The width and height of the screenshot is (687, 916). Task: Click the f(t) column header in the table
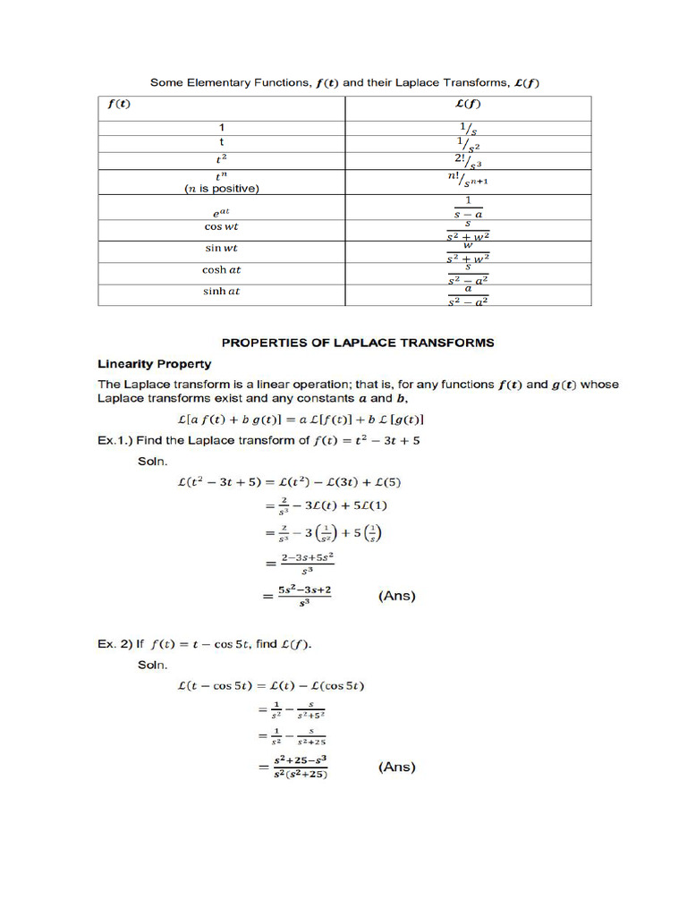[118, 104]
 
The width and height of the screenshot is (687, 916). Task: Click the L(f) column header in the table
[468, 104]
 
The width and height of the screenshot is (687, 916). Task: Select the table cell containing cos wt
[221, 227]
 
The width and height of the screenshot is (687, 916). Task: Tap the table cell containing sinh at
[221, 292]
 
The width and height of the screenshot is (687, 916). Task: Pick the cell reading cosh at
[221, 269]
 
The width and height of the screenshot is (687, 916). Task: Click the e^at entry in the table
[221, 213]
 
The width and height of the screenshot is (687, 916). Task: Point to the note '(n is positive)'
[221, 189]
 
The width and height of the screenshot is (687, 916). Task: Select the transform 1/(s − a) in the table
[468, 208]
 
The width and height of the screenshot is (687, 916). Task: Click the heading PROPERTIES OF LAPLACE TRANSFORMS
[357, 343]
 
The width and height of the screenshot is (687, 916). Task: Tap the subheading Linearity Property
[154, 364]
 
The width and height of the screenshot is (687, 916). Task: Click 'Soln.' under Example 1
[154, 462]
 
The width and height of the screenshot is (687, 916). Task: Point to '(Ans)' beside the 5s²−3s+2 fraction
[397, 596]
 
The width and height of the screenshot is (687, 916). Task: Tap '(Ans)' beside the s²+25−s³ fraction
[397, 767]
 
